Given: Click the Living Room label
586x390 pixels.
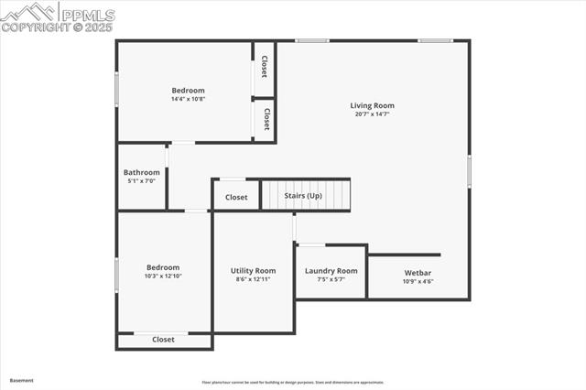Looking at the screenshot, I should [x=372, y=105].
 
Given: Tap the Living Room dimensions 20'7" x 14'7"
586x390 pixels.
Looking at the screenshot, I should [x=372, y=114].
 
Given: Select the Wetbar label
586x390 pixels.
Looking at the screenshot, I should [x=418, y=273].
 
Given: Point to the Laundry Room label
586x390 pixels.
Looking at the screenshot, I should [x=331, y=271].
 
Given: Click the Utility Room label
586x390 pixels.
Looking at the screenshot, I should [x=253, y=271].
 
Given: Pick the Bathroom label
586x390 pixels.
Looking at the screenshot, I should [x=142, y=172].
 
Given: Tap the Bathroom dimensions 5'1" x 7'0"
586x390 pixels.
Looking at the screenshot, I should [x=142, y=181].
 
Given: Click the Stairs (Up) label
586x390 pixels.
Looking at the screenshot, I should [x=303, y=196].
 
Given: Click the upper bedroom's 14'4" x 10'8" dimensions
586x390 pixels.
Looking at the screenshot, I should [x=188, y=99].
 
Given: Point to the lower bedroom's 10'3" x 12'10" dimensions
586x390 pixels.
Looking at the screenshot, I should [x=163, y=276].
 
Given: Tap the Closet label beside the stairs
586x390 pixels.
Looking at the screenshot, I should [x=236, y=197].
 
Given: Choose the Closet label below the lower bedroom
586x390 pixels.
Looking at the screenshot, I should [x=163, y=340].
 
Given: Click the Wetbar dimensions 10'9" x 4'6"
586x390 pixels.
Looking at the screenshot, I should [x=418, y=282].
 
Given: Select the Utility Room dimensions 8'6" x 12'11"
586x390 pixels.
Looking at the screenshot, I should [x=253, y=279].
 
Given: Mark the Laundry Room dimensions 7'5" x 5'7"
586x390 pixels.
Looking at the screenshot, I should [x=331, y=279].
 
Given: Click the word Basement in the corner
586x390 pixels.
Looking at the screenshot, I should [x=21, y=380].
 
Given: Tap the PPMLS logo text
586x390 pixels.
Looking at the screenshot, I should [x=86, y=14].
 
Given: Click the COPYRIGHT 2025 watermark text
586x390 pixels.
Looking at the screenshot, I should [x=56, y=27].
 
